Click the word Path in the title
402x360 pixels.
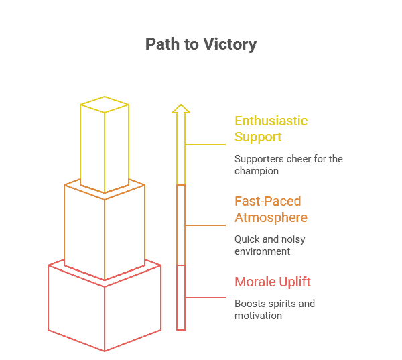(x=162, y=45)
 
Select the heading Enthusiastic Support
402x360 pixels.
(x=271, y=129)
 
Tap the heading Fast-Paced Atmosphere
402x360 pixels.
(x=271, y=209)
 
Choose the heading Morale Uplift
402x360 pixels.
(x=273, y=281)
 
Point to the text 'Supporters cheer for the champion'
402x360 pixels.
(x=289, y=165)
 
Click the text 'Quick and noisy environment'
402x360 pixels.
(x=270, y=245)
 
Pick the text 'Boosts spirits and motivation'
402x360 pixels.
(x=274, y=310)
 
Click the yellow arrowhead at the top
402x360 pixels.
(x=181, y=109)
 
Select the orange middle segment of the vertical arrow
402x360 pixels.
(x=181, y=225)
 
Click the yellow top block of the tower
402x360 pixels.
(x=105, y=151)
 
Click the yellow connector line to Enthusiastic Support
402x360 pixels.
(x=205, y=145)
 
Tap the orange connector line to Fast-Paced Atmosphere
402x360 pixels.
(x=205, y=225)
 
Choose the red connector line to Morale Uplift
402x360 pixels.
(x=205, y=298)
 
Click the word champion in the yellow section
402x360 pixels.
(x=256, y=171)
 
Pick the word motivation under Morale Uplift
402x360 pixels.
(x=258, y=316)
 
